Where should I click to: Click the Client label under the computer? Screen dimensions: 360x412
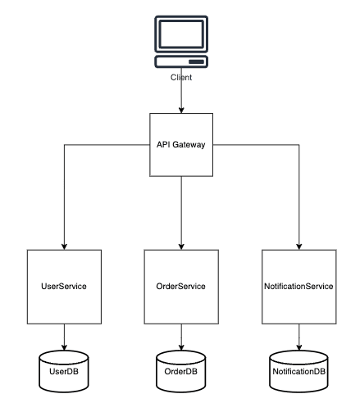[181, 77]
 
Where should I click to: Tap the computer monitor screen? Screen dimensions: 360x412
[181, 34]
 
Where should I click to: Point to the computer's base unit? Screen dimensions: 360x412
[181, 61]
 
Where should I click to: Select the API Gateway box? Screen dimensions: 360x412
[181, 145]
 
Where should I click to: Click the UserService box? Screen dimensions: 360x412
[64, 287]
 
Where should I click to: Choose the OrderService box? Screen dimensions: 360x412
[181, 287]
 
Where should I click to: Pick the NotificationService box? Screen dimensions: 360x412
[299, 287]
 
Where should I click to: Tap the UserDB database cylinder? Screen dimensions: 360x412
[64, 371]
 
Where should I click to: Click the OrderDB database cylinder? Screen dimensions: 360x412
[181, 371]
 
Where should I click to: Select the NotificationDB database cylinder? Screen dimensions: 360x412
[298, 371]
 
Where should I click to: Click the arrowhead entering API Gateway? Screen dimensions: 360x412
[181, 110]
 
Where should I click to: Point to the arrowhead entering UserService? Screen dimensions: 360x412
[64, 247]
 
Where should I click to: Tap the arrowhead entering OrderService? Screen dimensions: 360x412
[181, 247]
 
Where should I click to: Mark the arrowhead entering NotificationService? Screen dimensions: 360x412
[299, 247]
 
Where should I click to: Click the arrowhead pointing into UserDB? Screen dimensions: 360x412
[64, 347]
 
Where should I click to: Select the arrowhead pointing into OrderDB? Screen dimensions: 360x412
[181, 347]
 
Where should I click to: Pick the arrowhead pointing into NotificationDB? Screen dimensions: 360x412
[299, 347]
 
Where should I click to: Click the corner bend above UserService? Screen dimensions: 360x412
[64, 145]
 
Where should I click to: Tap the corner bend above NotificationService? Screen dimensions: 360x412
[299, 145]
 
